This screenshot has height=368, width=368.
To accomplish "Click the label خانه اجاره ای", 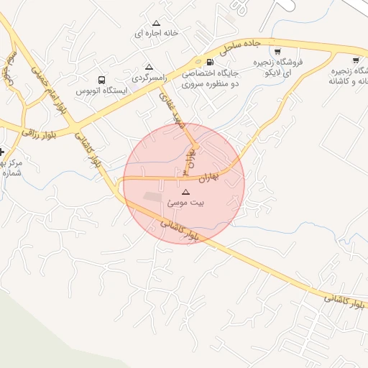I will (x=156, y=33).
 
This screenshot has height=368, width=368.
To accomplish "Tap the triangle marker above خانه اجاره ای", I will (x=156, y=23).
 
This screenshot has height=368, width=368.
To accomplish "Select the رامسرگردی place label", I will (x=149, y=75).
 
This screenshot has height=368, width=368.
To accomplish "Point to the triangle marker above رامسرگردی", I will (x=149, y=66).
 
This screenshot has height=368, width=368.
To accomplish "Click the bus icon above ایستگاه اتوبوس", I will (x=102, y=80).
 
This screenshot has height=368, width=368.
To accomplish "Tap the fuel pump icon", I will (x=209, y=62).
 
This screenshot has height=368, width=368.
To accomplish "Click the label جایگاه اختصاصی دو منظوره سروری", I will (x=208, y=78).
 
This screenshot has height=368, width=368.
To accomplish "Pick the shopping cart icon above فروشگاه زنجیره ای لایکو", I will (x=277, y=51).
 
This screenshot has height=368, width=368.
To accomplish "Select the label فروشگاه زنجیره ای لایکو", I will (x=277, y=68).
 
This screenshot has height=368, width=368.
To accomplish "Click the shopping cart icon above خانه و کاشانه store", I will (x=356, y=60).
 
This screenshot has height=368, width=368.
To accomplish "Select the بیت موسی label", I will (x=186, y=203).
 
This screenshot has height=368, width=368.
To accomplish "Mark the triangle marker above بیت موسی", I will (x=186, y=193).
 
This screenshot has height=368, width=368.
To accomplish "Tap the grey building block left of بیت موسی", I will (x=152, y=196).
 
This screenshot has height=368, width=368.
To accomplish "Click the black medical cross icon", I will (x=2, y=152).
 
